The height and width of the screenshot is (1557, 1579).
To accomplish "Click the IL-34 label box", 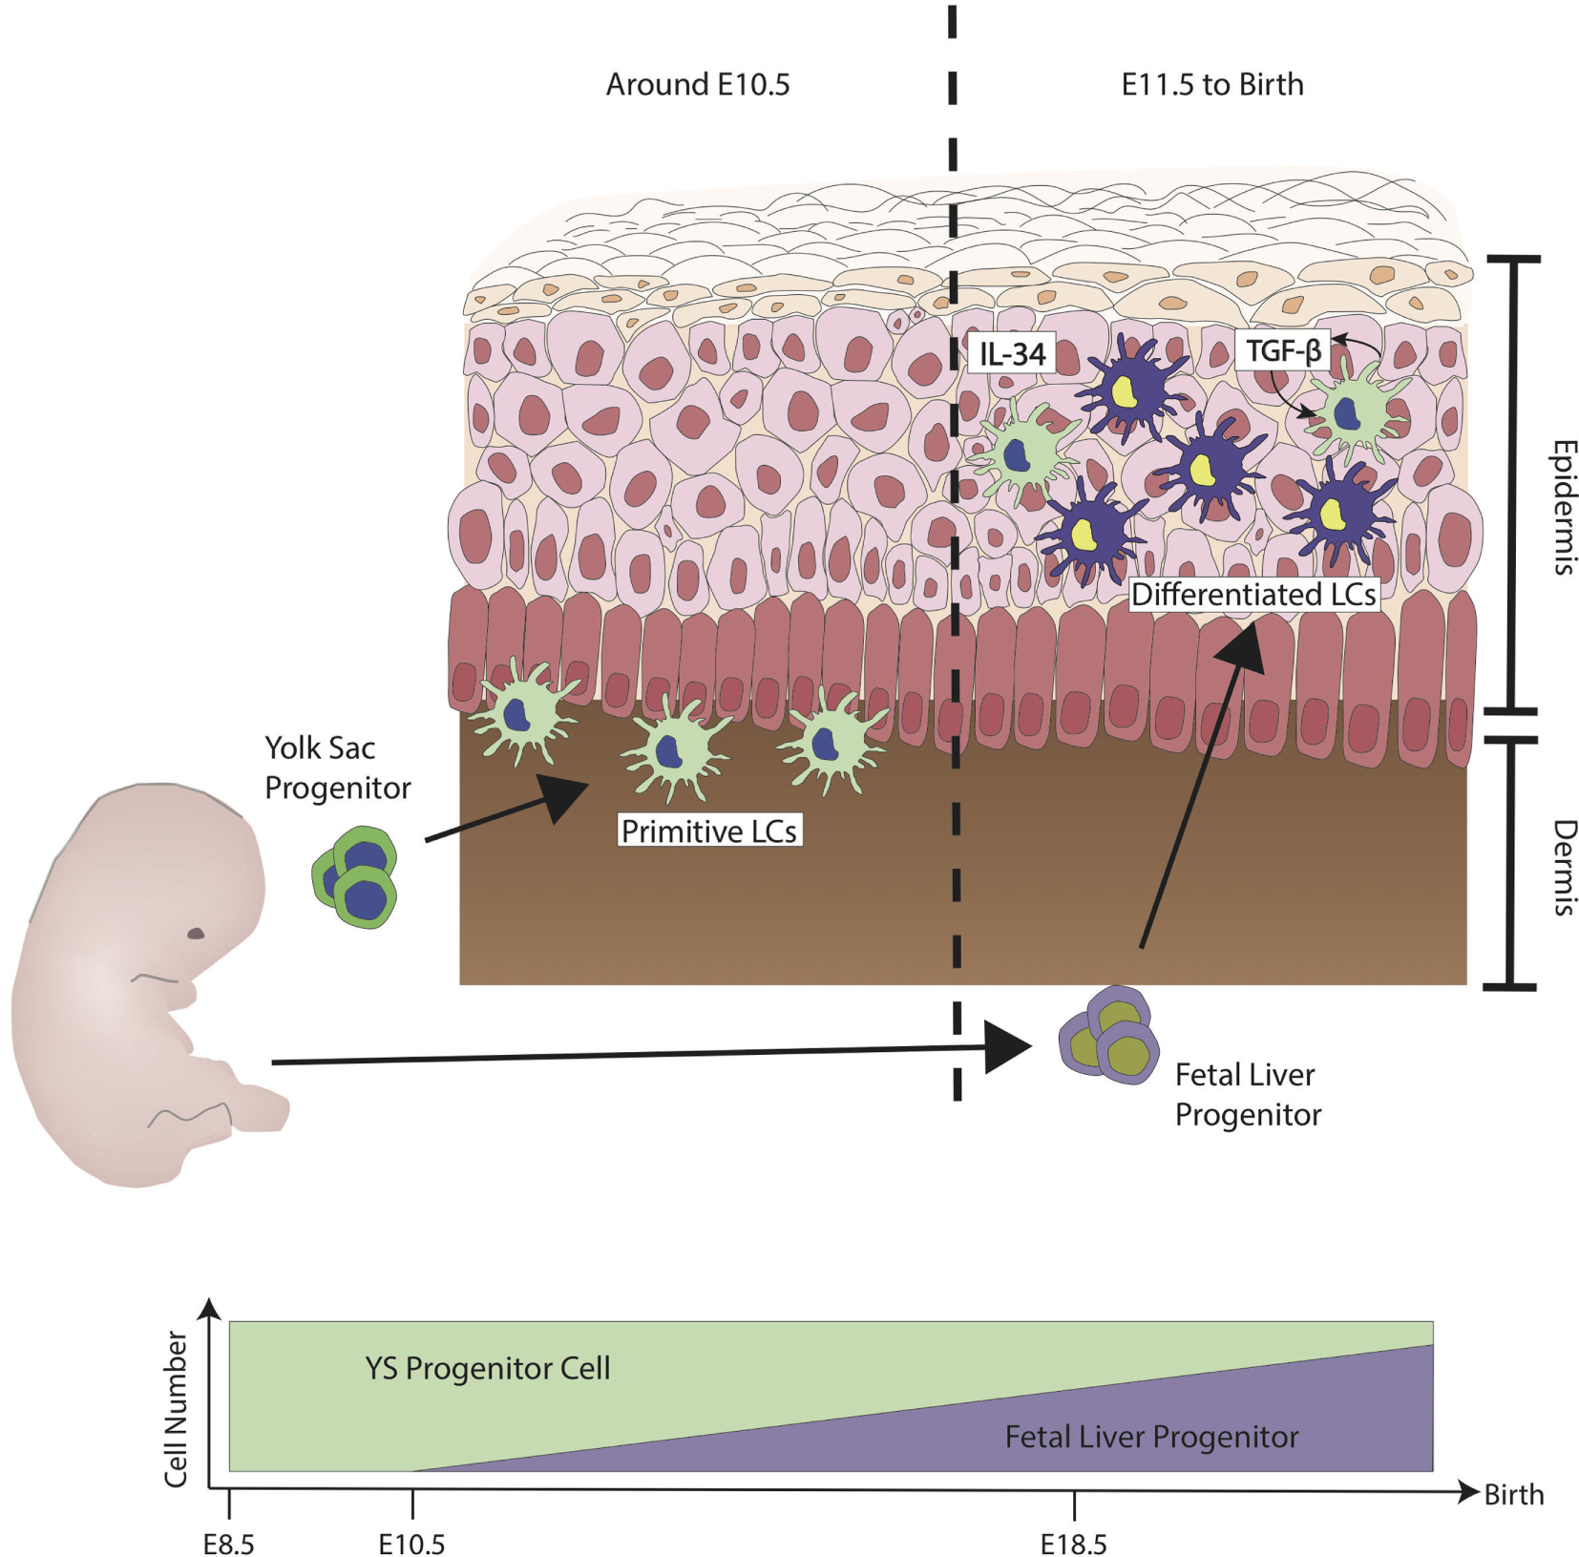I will (1012, 354).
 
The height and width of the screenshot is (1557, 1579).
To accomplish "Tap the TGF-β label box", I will (1283, 351).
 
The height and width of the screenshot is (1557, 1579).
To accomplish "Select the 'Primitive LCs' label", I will (708, 831).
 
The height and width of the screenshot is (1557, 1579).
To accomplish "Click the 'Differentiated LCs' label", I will (1253, 594).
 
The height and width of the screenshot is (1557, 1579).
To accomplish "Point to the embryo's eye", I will (196, 933).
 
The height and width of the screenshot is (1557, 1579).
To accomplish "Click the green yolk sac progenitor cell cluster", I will (355, 877).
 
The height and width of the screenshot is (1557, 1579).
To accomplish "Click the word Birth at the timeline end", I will (1513, 1494).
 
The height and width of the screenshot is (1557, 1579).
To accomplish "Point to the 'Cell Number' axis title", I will (176, 1409).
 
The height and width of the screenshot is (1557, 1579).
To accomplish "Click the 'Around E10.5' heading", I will (698, 84).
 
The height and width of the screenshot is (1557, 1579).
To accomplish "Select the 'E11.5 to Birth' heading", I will (1211, 84).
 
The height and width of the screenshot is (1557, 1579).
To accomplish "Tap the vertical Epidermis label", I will (1562, 507).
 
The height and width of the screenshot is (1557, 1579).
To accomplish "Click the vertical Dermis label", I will (1562, 867).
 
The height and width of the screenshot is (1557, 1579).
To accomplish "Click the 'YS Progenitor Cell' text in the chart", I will (487, 1368).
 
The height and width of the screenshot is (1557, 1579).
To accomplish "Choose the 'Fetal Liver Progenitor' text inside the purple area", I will (1151, 1436).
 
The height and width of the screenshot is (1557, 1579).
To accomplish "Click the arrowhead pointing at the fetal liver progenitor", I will (1008, 1048).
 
